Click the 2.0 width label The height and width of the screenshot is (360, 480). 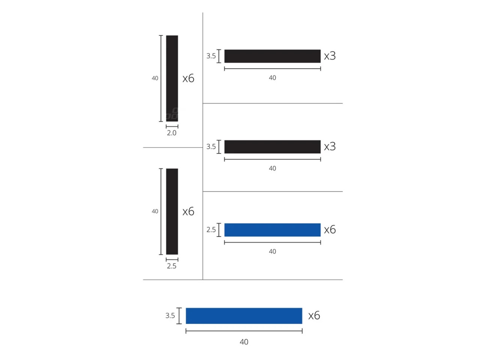click(171, 133)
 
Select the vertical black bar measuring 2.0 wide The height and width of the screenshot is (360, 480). click(172, 78)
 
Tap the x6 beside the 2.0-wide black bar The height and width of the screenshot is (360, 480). click(188, 78)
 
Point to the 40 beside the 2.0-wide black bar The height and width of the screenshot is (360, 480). click(155, 78)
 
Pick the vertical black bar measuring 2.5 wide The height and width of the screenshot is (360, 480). click(172, 211)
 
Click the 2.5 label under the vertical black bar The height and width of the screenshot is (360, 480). click(171, 266)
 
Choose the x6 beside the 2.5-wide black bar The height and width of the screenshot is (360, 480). click(188, 211)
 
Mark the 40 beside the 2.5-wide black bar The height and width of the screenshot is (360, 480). click(155, 211)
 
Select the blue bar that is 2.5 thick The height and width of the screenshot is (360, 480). click(272, 230)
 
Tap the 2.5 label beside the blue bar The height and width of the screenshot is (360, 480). click(211, 229)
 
